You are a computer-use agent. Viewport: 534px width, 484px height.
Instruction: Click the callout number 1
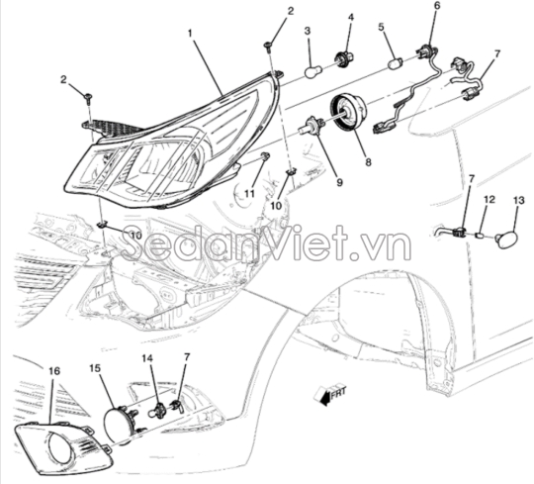point(190,34)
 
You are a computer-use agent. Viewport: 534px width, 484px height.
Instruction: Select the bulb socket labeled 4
point(345,57)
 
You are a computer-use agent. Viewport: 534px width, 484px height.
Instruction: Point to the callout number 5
point(381,27)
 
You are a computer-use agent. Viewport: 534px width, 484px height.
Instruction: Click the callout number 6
point(437,6)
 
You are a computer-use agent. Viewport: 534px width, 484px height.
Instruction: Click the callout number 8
point(368,162)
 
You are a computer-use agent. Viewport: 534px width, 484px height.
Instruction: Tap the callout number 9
point(339,183)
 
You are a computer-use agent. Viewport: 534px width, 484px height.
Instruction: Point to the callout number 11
point(249,194)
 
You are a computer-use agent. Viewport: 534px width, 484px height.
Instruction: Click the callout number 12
point(489,199)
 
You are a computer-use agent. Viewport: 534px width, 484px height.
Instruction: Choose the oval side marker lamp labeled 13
point(505,239)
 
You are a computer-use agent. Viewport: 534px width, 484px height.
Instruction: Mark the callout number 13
point(519,201)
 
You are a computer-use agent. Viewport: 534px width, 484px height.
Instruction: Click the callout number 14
point(147,358)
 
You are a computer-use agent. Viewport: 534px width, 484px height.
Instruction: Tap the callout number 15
point(95,368)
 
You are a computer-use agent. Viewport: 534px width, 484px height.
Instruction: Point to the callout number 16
point(54,371)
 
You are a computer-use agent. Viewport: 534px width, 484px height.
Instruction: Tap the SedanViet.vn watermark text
point(266,242)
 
